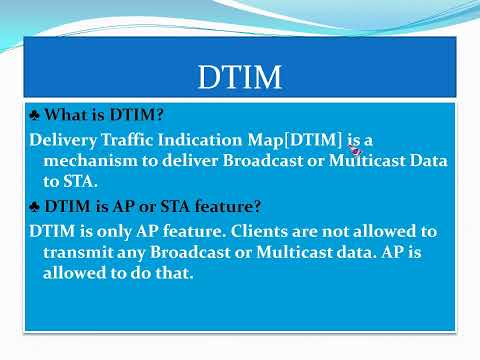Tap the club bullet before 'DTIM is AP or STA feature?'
pyautogui.click(x=35, y=207)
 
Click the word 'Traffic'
pyautogui.click(x=130, y=141)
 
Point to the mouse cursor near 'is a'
pyautogui.click(x=356, y=150)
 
